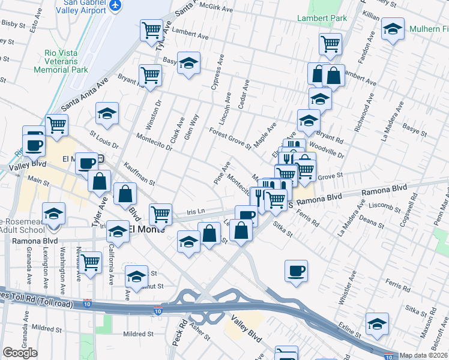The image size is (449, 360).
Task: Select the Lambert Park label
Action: pyautogui.click(x=322, y=19)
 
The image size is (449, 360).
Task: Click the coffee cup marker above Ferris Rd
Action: pyautogui.click(x=295, y=271)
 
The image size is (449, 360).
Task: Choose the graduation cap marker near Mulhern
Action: pyautogui.click(x=393, y=29)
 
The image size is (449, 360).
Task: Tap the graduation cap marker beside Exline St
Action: pyautogui.click(x=377, y=325)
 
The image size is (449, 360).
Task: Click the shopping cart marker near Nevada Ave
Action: pyautogui.click(x=91, y=262)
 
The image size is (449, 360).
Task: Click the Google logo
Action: pyautogui.click(x=20, y=353)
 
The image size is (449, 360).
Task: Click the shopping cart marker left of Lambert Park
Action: pyautogui.click(x=330, y=43)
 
